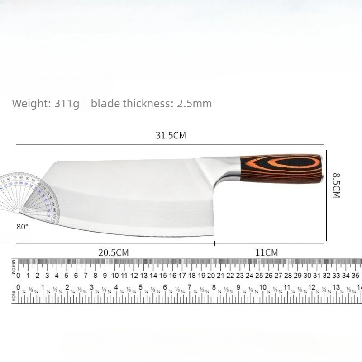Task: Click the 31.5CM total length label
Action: click(171, 135)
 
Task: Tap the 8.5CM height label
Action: click(336, 185)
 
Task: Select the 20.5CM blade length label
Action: click(114, 252)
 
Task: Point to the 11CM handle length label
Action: click(267, 252)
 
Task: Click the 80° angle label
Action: click(22, 227)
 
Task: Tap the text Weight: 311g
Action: click(45, 104)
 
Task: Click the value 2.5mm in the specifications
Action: click(194, 104)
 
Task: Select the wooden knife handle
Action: click(281, 168)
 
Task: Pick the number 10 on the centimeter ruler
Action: click(115, 276)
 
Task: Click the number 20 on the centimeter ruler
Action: click(211, 276)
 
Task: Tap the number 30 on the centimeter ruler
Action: click(307, 276)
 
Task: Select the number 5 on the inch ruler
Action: click(140, 287)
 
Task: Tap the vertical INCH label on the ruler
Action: click(14, 294)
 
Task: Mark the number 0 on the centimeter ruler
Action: click(19, 276)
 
